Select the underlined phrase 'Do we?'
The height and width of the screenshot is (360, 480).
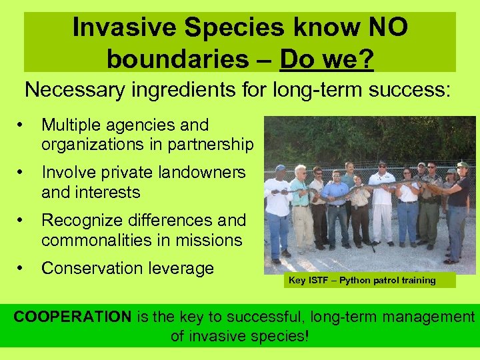pyautogui.click(x=327, y=59)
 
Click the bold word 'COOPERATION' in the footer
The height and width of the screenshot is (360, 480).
pyautogui.click(x=73, y=317)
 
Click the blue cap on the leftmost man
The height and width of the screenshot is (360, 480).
pyautogui.click(x=280, y=169)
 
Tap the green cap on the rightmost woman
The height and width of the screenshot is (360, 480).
pyautogui.click(x=462, y=164)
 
